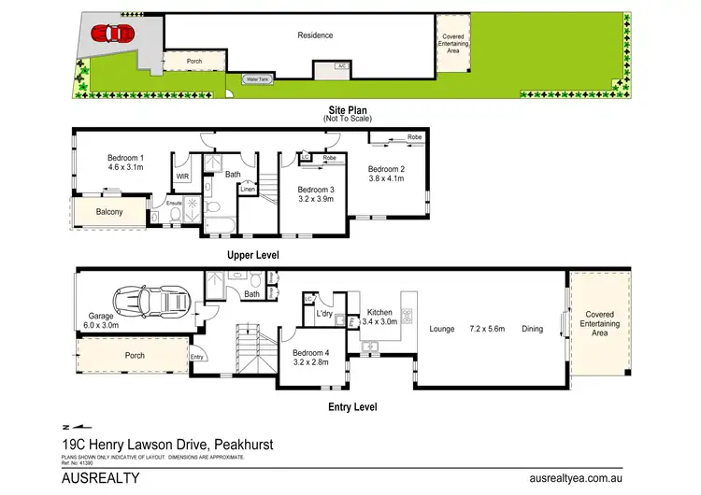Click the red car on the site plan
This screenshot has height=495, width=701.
click(107, 34)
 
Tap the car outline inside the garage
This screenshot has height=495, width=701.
click(152, 303)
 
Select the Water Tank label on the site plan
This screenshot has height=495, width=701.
click(257, 79)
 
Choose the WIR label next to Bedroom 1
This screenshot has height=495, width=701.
click(182, 175)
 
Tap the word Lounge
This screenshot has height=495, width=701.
click(442, 329)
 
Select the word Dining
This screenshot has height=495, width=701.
click(532, 329)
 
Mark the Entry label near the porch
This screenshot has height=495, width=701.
click(196, 358)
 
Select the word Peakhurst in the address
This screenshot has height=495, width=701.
click(242, 445)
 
